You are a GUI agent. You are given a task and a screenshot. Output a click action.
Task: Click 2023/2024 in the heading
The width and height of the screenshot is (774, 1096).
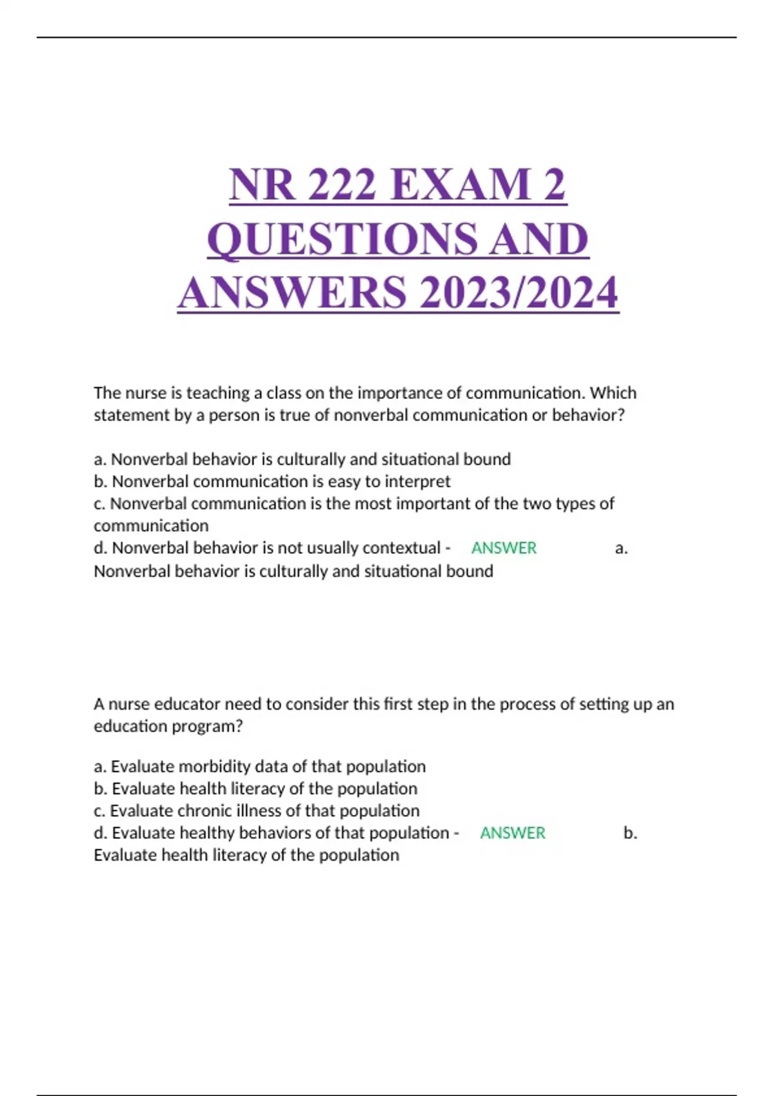tap(519, 293)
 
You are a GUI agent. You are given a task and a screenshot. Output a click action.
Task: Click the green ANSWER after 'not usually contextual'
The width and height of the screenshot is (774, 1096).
tap(504, 548)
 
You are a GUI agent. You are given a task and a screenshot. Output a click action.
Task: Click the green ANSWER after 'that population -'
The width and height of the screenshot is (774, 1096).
tap(513, 833)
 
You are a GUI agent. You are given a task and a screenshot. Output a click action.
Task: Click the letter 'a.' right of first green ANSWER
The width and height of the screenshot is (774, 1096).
tap(621, 549)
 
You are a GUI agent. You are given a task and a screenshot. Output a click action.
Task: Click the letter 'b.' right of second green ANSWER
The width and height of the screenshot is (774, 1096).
tap(630, 833)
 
